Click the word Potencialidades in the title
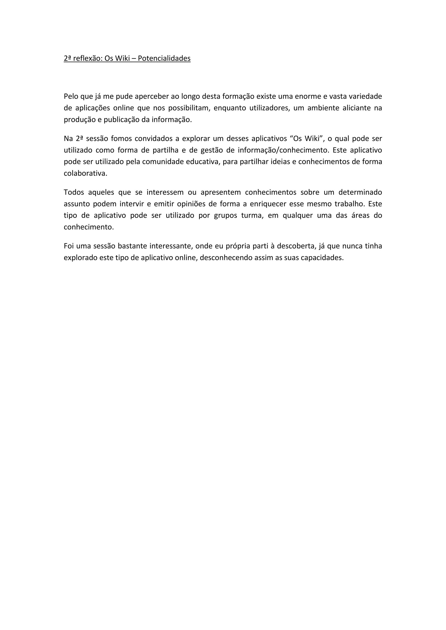(164, 59)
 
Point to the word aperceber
(152, 96)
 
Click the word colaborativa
(85, 174)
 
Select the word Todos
(74, 192)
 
